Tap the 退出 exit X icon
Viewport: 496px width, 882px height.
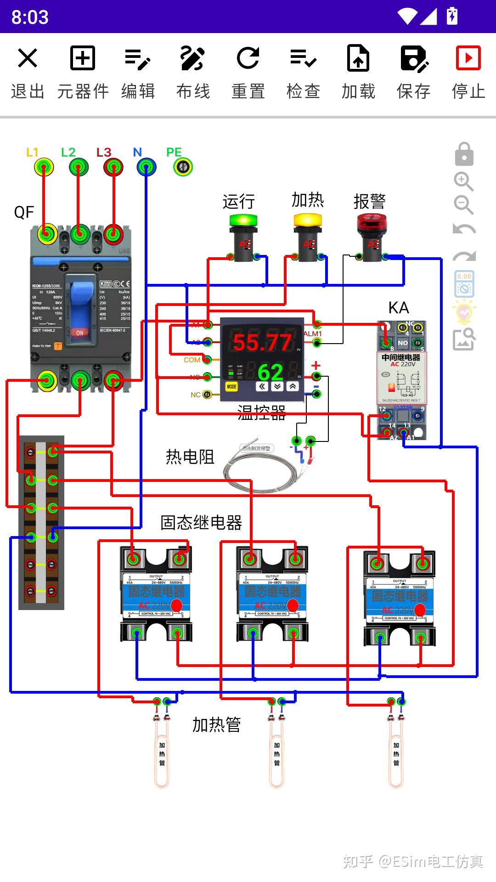28,58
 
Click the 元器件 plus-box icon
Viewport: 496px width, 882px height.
83,58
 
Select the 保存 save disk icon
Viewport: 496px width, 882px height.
413,58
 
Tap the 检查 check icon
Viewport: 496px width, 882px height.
303,58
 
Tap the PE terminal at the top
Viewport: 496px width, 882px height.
183,167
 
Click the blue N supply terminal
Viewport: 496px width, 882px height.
146,167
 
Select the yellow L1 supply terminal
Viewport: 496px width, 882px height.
44,167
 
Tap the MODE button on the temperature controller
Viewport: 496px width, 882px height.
231,387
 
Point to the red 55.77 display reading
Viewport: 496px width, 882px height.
262,343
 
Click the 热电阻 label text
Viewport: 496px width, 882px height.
190,457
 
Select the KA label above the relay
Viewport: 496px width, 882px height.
398,308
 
